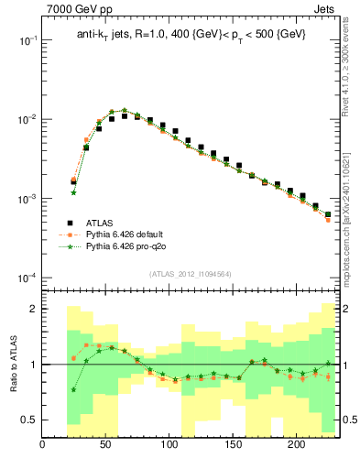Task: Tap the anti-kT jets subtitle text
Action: (x=191, y=34)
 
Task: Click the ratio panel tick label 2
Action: (x=33, y=310)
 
